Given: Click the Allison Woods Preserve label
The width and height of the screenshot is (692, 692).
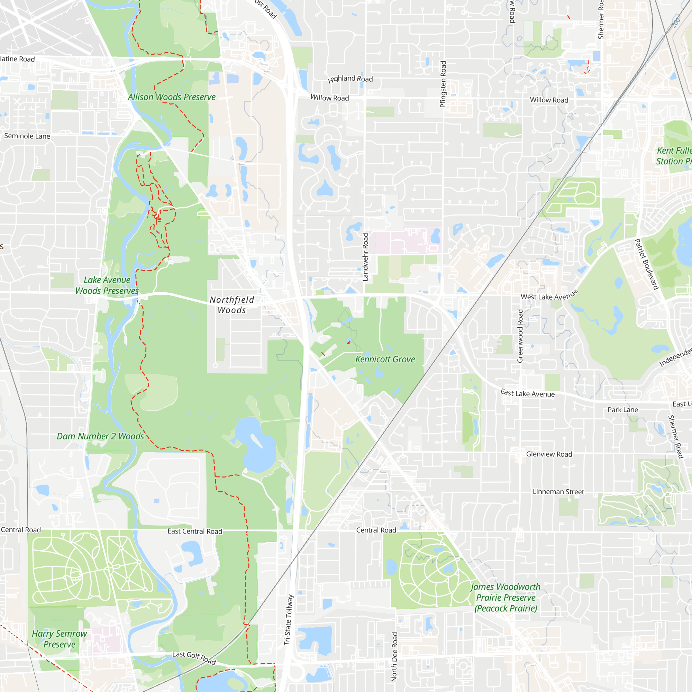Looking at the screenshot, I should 172,97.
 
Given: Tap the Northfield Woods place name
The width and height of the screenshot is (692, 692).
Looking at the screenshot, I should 232,305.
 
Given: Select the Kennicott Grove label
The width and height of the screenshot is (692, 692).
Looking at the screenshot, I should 385,359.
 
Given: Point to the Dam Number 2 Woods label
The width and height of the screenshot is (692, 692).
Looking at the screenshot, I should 100,436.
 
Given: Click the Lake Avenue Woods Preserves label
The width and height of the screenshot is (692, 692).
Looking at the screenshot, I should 107,285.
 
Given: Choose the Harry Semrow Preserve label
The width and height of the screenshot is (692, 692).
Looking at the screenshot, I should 60,639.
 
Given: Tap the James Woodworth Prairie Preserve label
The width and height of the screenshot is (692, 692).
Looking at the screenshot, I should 506,598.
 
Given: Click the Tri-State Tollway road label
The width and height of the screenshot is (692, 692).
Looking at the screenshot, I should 289,620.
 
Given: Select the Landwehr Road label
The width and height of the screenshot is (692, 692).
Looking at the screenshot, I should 365,257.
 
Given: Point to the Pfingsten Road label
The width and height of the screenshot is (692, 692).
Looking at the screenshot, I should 443,84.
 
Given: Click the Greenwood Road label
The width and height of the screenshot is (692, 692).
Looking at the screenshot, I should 520,336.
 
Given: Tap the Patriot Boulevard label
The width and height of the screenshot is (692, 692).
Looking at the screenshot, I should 647,264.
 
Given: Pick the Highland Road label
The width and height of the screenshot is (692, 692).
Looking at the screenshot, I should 350,79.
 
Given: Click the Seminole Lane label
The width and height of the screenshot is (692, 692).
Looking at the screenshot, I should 27,136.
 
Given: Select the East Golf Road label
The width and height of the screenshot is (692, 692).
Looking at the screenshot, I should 194,658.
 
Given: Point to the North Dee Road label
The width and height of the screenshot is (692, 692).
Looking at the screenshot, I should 394,657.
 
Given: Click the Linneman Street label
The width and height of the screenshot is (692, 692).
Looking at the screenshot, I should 558,492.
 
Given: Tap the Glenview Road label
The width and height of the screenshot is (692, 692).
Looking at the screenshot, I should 549,454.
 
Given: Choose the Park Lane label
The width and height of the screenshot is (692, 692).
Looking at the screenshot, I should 623,410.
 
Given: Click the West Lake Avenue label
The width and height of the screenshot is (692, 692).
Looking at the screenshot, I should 549,295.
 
